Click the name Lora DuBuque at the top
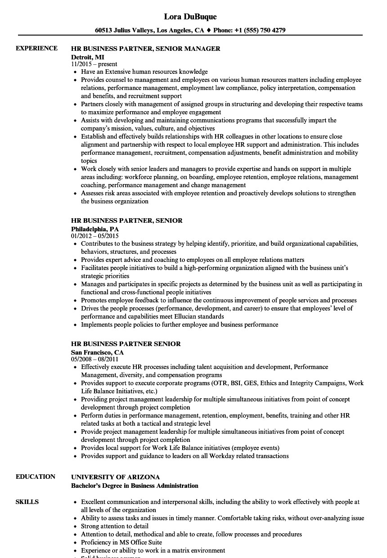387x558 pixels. pyautogui.click(x=190, y=17)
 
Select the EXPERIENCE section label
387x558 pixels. pyautogui.click(x=36, y=48)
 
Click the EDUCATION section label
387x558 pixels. pyautogui.click(x=36, y=477)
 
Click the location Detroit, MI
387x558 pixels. pyautogui.click(x=87, y=57)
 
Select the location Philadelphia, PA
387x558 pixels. pyautogui.click(x=95, y=229)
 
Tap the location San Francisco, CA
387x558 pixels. pyautogui.click(x=97, y=352)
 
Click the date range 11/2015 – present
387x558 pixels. pyautogui.click(x=94, y=64)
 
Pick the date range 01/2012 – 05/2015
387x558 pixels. pyautogui.click(x=95, y=236)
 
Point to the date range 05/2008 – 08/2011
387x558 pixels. pyautogui.click(x=95, y=359)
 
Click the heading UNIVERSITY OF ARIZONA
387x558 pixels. pyautogui.click(x=115, y=477)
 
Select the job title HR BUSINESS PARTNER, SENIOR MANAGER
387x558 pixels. pyautogui.click(x=145, y=49)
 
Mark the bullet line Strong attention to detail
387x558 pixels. pyautogui.click(x=115, y=526)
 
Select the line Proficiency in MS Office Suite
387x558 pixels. pyautogui.click(x=121, y=542)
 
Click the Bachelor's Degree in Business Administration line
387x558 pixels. pyautogui.click(x=135, y=486)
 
